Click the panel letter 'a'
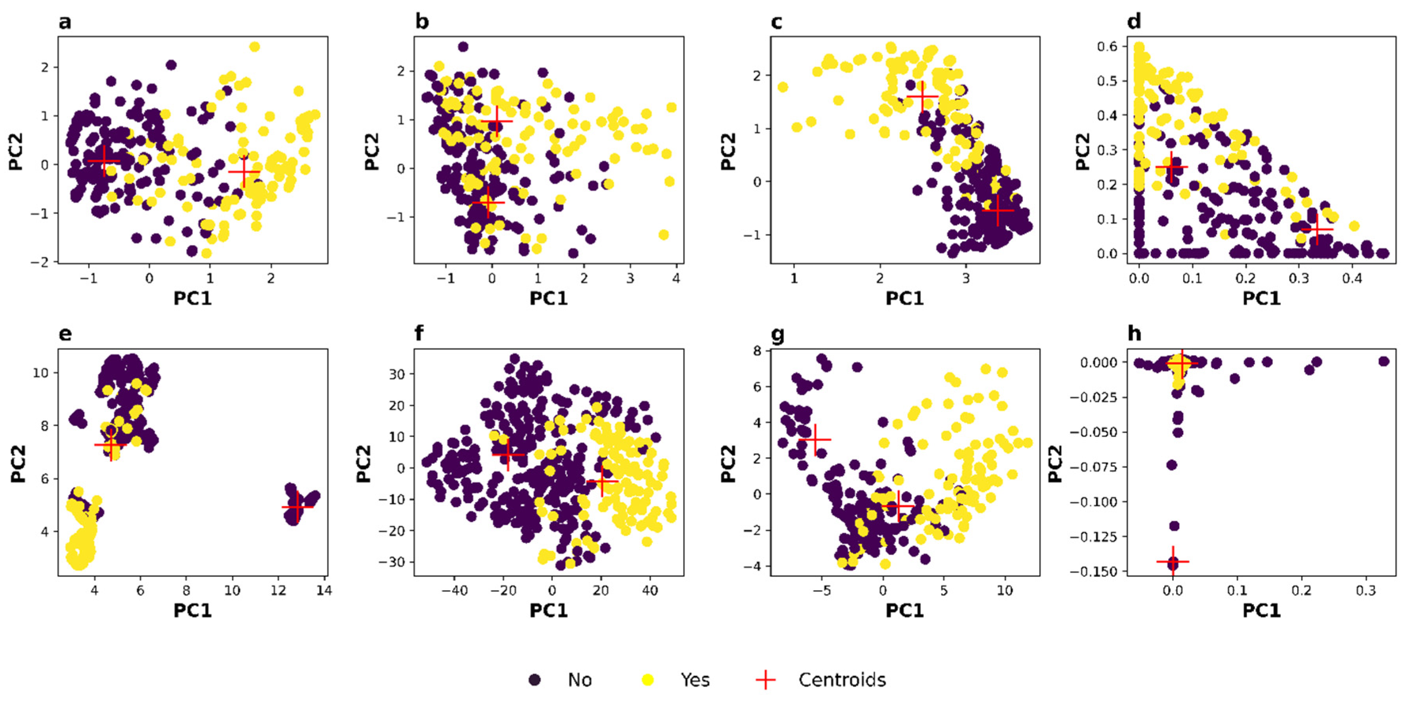pyautogui.click(x=65, y=22)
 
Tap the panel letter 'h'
pyautogui.click(x=1134, y=333)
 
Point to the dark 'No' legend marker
pyautogui.click(x=535, y=680)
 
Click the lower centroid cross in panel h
pyautogui.click(x=1173, y=561)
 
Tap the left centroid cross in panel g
pyautogui.click(x=815, y=439)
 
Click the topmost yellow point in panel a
pyautogui.click(x=254, y=47)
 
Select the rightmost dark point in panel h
pyautogui.click(x=1383, y=362)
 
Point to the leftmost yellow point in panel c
pyautogui.click(x=783, y=87)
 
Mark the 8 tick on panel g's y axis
pyautogui.click(x=757, y=351)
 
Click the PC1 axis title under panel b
pyautogui.click(x=549, y=298)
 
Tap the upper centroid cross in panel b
pyautogui.click(x=497, y=121)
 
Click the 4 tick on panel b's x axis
pyautogui.click(x=676, y=279)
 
